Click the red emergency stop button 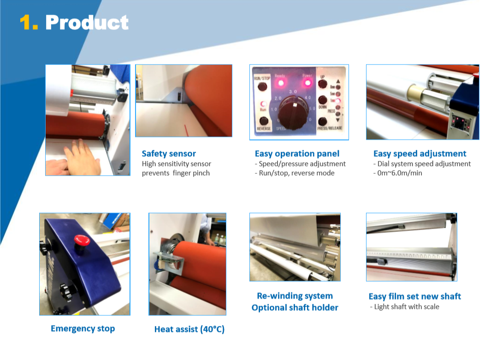(x=82, y=241)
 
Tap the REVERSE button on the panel (x=264, y=121)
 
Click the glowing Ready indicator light (x=281, y=83)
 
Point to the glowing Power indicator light (x=308, y=83)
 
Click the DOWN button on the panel (x=322, y=100)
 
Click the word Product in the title (x=87, y=23)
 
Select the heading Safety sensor (x=169, y=153)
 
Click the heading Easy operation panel (x=297, y=153)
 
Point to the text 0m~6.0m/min (x=400, y=173)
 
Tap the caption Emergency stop (x=83, y=329)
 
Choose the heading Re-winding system (x=295, y=296)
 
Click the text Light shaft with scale (x=407, y=307)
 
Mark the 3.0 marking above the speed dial (x=293, y=92)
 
